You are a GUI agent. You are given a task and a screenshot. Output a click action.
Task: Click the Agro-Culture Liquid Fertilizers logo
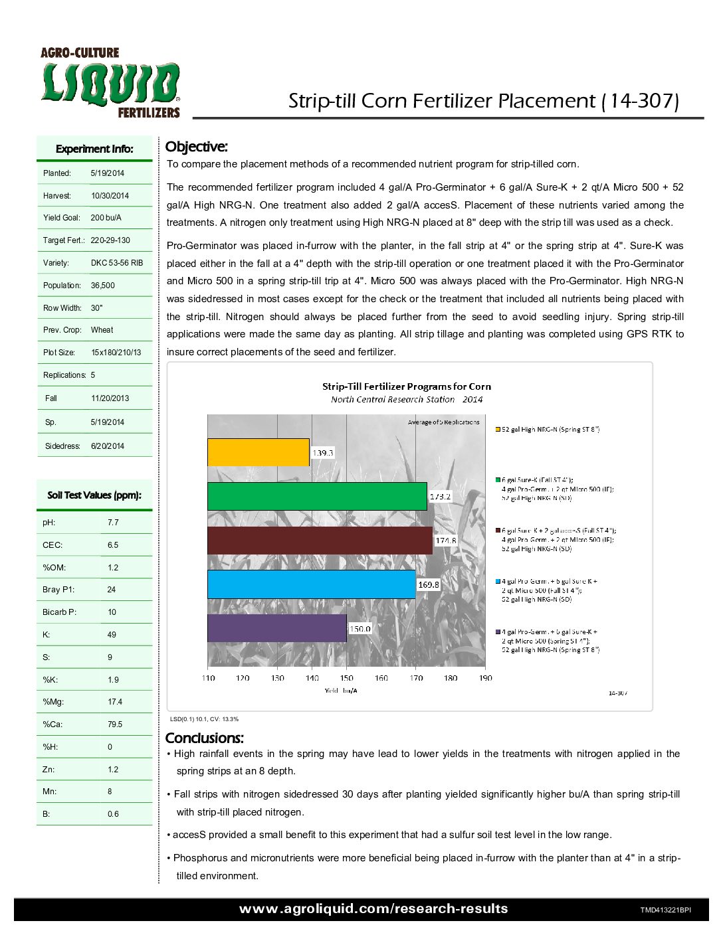tap(110, 83)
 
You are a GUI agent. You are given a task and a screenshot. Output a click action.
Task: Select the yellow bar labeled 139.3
tap(258, 452)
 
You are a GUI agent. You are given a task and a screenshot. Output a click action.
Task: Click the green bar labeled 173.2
tap(317, 496)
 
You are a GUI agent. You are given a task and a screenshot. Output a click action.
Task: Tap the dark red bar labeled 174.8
tap(320, 540)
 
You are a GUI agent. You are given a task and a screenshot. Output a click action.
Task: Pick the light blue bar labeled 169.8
tap(311, 584)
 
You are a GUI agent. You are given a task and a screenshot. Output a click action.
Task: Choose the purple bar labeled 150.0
tap(276, 628)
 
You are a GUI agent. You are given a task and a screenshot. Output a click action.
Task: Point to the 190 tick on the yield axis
tap(485, 678)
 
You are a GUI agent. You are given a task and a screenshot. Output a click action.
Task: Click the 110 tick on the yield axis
tap(208, 678)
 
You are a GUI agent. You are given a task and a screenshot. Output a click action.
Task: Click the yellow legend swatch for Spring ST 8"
tap(498, 430)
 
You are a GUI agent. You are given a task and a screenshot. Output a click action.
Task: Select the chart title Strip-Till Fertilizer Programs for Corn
tap(407, 386)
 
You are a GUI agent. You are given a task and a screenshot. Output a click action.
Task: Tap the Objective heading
tap(196, 147)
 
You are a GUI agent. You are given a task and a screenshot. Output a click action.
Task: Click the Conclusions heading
tap(204, 738)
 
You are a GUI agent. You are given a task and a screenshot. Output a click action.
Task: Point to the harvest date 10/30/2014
tap(110, 196)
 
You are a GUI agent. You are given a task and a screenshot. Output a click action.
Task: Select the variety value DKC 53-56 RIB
tap(116, 263)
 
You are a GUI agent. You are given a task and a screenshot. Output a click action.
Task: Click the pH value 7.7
tap(113, 523)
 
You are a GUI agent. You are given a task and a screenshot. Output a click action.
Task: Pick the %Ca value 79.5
tap(115, 724)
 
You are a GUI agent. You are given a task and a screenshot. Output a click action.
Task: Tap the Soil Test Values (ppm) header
tap(94, 495)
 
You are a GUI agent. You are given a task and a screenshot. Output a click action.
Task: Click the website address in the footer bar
tap(373, 909)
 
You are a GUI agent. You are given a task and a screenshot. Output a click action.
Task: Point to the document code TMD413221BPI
tap(665, 910)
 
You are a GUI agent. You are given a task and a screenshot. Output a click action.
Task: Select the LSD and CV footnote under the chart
tap(204, 719)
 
